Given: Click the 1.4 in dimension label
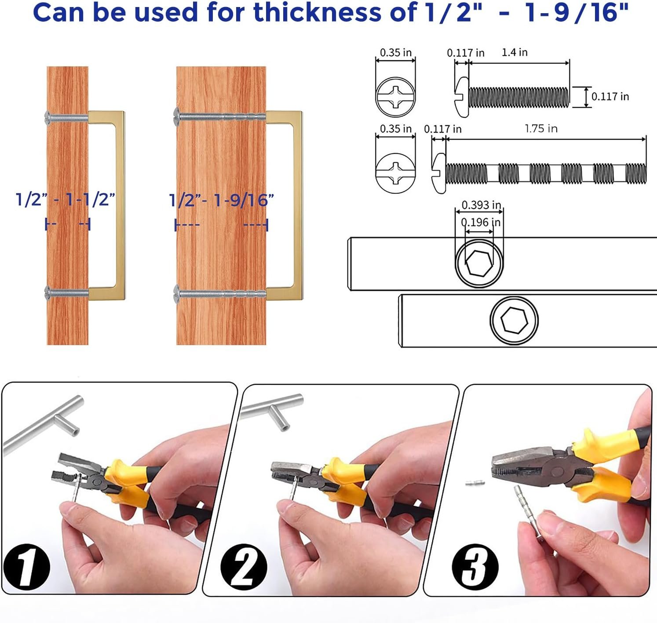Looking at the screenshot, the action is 515,52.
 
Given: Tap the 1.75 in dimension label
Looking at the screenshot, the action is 541,129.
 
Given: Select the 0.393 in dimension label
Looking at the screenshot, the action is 481,204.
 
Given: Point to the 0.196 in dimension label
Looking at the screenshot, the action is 481,222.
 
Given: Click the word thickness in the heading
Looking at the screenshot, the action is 317,12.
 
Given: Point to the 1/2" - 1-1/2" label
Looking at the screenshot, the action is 66,200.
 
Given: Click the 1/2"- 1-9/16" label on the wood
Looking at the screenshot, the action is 221,200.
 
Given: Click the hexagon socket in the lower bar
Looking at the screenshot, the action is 514,320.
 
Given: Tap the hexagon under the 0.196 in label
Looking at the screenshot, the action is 479,263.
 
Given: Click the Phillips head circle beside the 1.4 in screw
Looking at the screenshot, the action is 396,97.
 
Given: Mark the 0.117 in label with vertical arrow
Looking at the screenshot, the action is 610,97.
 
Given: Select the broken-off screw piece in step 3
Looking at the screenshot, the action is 475,483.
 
